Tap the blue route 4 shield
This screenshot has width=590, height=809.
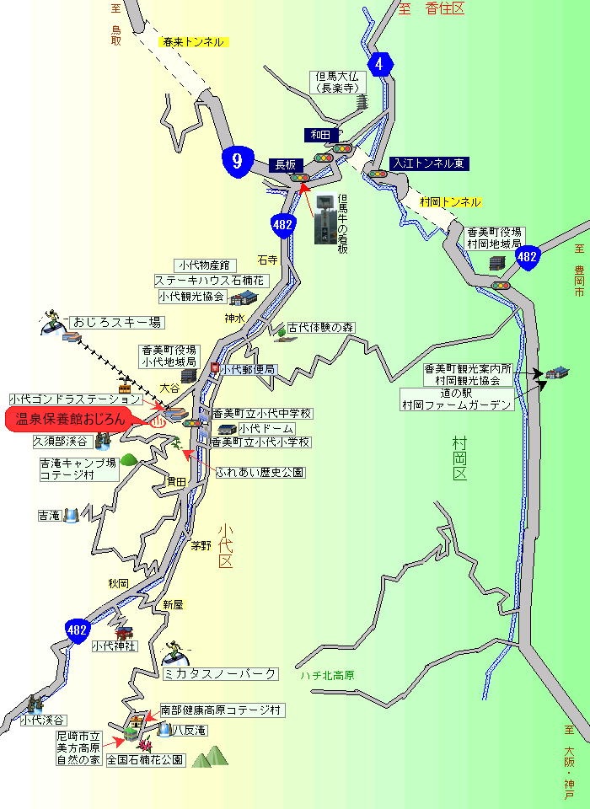pyautogui.click(x=381, y=64)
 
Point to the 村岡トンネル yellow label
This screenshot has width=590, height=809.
pyautogui.click(x=450, y=202)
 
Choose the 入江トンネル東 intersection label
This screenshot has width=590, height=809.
pyautogui.click(x=430, y=163)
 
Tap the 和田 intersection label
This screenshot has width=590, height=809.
pyautogui.click(x=321, y=135)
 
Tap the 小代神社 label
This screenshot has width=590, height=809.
pyautogui.click(x=114, y=646)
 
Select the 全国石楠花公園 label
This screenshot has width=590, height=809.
pyautogui.click(x=145, y=759)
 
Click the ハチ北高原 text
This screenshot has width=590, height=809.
pyautogui.click(x=327, y=676)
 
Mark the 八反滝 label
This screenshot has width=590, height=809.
pyautogui.click(x=190, y=731)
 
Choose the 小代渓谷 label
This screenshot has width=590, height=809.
pyautogui.click(x=44, y=720)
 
